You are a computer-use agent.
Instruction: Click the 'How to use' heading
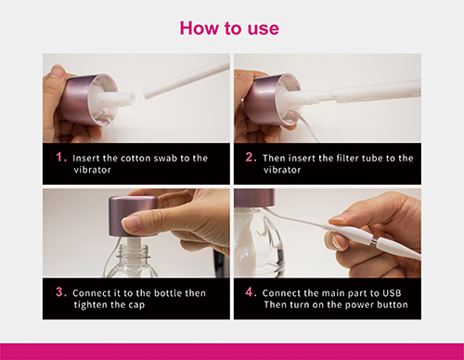click(x=229, y=29)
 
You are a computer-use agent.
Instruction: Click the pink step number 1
click(x=61, y=157)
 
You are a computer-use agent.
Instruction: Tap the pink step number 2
click(x=251, y=157)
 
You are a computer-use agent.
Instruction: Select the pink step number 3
click(x=61, y=292)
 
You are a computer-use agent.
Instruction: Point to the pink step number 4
click(x=251, y=292)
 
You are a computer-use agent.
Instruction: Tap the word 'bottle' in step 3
click(x=168, y=293)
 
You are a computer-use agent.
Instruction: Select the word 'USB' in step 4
click(x=392, y=293)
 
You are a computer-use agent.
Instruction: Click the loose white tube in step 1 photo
click(x=186, y=79)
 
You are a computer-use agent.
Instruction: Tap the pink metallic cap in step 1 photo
click(x=82, y=99)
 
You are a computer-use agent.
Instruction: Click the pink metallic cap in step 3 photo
click(x=133, y=215)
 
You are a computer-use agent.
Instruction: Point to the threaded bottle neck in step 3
click(x=135, y=251)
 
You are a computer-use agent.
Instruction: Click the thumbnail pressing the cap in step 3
click(x=131, y=224)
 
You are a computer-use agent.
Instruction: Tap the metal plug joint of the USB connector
click(x=374, y=240)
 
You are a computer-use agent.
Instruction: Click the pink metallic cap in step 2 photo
click(x=265, y=99)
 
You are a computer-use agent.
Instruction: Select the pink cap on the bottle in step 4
click(x=254, y=198)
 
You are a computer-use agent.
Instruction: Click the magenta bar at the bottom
click(x=232, y=352)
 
